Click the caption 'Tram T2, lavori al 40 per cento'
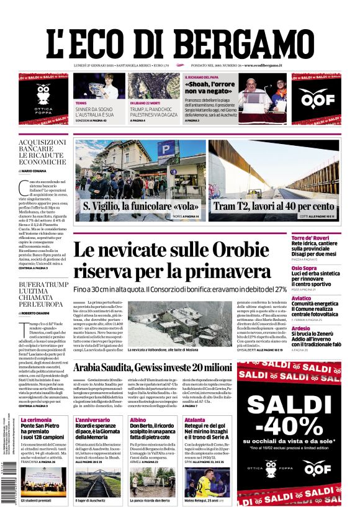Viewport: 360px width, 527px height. [273, 207]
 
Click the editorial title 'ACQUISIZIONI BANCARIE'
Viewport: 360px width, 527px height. [42, 146]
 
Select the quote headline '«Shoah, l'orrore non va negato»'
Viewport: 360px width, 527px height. [210, 87]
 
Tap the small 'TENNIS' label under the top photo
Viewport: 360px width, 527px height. [81, 102]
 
